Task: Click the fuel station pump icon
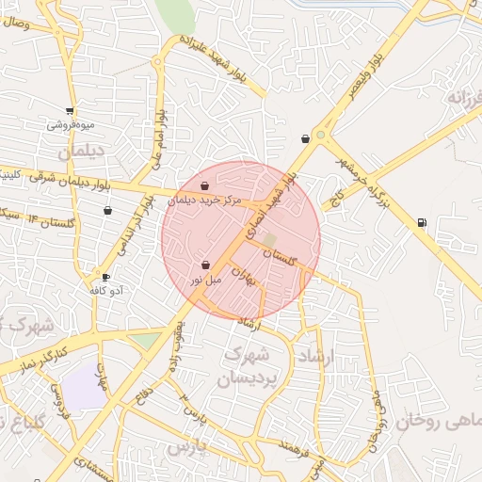(x=420, y=222)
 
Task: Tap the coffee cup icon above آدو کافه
(x=105, y=277)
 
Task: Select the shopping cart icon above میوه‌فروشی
(x=71, y=110)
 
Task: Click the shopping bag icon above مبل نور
(x=205, y=265)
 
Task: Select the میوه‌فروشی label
(x=71, y=123)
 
